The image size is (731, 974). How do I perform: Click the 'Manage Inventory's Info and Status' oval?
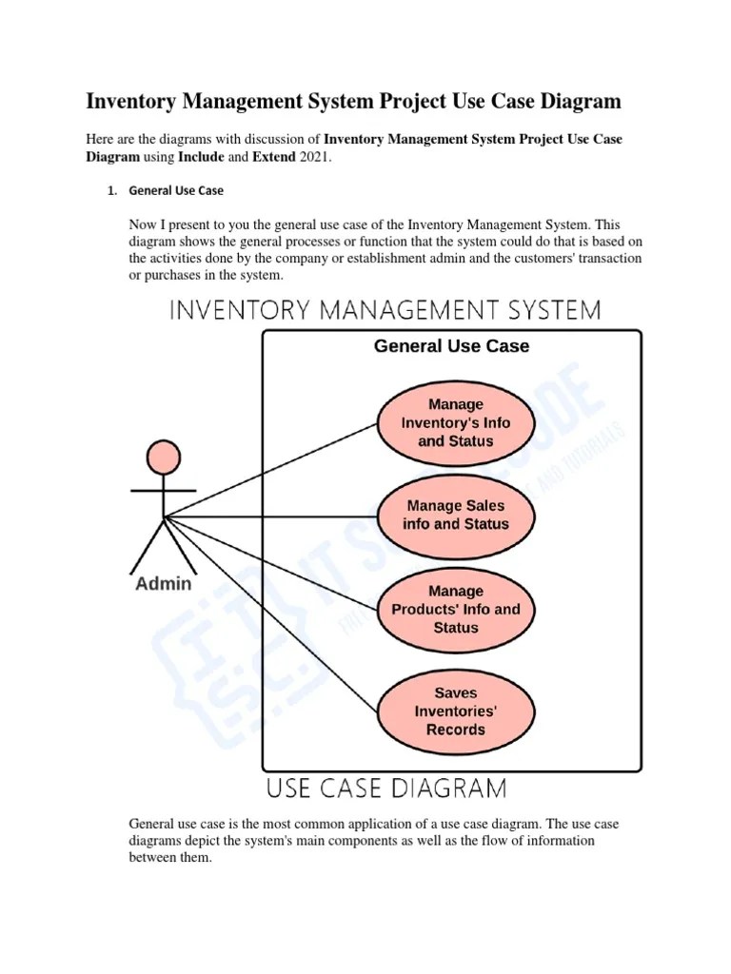tap(455, 423)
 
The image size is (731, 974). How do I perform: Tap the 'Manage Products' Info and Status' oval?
tap(455, 610)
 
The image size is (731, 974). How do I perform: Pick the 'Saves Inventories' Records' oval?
tap(455, 711)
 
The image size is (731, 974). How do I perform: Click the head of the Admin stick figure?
tap(164, 458)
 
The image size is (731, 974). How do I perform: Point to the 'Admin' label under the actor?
tap(163, 584)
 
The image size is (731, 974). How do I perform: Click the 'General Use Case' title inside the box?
tap(451, 346)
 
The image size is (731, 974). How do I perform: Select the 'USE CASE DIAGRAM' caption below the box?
tap(385, 788)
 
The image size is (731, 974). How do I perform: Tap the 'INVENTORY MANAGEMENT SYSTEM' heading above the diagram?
tap(385, 310)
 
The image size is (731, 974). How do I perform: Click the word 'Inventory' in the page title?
tap(130, 101)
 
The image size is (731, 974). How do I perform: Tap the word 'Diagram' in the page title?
tap(574, 101)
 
